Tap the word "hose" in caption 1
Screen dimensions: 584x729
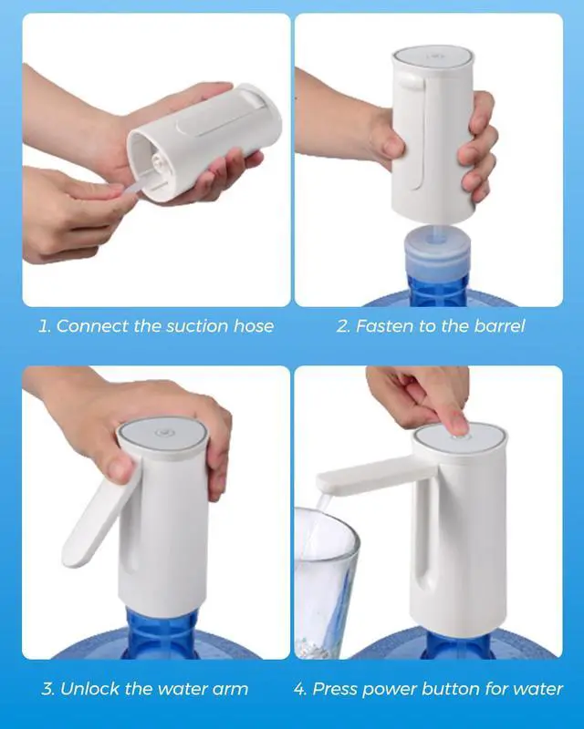[254, 326]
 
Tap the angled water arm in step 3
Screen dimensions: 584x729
[99, 515]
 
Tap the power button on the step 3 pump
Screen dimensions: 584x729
[164, 432]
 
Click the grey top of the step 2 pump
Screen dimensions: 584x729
[433, 56]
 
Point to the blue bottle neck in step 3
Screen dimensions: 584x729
[162, 633]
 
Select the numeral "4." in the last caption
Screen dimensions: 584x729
[300, 689]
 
